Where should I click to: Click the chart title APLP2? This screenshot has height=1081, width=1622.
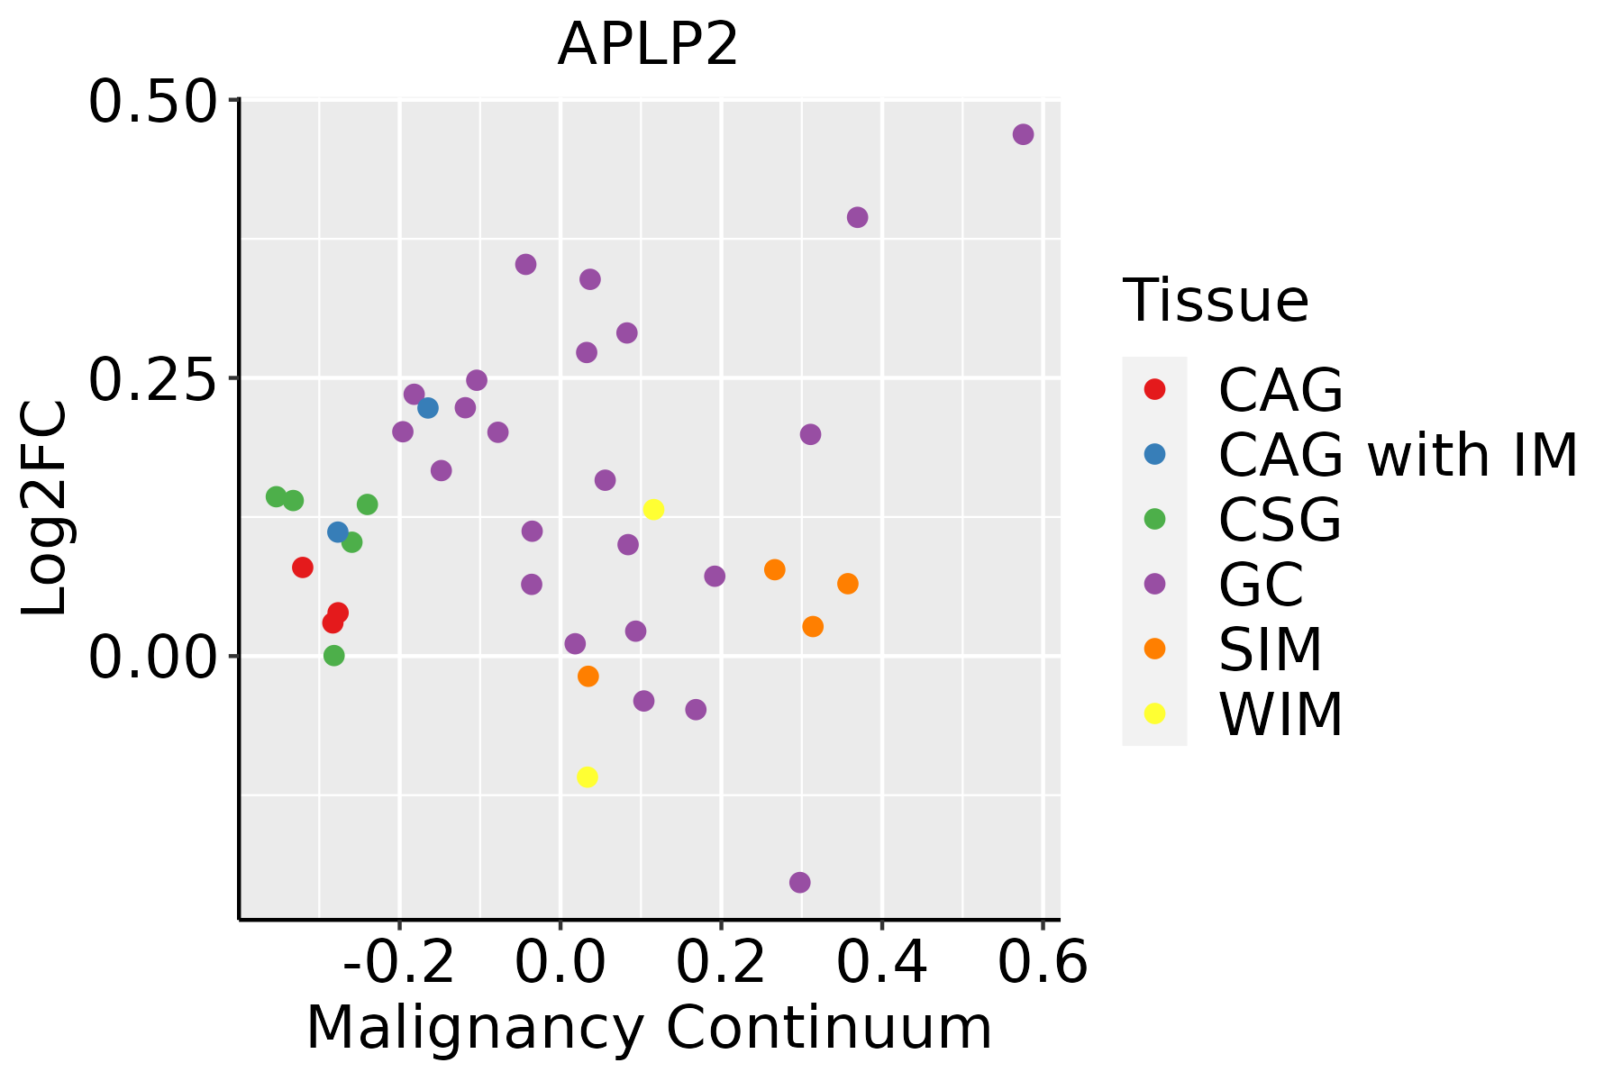pos(648,44)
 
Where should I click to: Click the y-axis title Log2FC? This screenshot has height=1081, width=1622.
pos(45,508)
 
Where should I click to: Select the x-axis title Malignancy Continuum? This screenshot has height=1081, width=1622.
pos(649,1028)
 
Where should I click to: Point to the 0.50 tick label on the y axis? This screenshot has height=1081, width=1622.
pos(153,100)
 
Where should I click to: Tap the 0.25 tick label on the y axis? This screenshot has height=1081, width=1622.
pos(153,378)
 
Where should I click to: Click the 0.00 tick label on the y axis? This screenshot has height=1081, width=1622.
pos(153,657)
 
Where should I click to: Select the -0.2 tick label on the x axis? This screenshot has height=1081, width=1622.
pos(399,962)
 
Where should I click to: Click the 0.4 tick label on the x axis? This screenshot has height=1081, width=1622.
pos(882,962)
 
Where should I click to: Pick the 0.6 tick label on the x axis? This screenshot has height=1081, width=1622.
pos(1043,962)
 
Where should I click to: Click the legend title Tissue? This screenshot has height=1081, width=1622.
pos(1216,300)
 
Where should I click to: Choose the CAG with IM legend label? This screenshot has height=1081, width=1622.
pos(1398,455)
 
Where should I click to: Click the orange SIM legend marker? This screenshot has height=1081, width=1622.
pos(1154,649)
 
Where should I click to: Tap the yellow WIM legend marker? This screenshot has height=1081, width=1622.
pos(1154,713)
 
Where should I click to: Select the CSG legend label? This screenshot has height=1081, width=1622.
pos(1280,520)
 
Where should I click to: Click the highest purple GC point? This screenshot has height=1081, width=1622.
pos(1023,134)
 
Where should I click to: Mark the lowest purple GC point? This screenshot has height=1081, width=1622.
pos(799,882)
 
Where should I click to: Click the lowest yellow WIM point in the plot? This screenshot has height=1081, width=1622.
pos(587,777)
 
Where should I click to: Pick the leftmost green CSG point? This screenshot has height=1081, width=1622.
pos(277,496)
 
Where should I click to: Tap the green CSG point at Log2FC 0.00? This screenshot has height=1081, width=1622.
pos(334,655)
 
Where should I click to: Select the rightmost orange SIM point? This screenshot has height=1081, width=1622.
pos(847,584)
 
